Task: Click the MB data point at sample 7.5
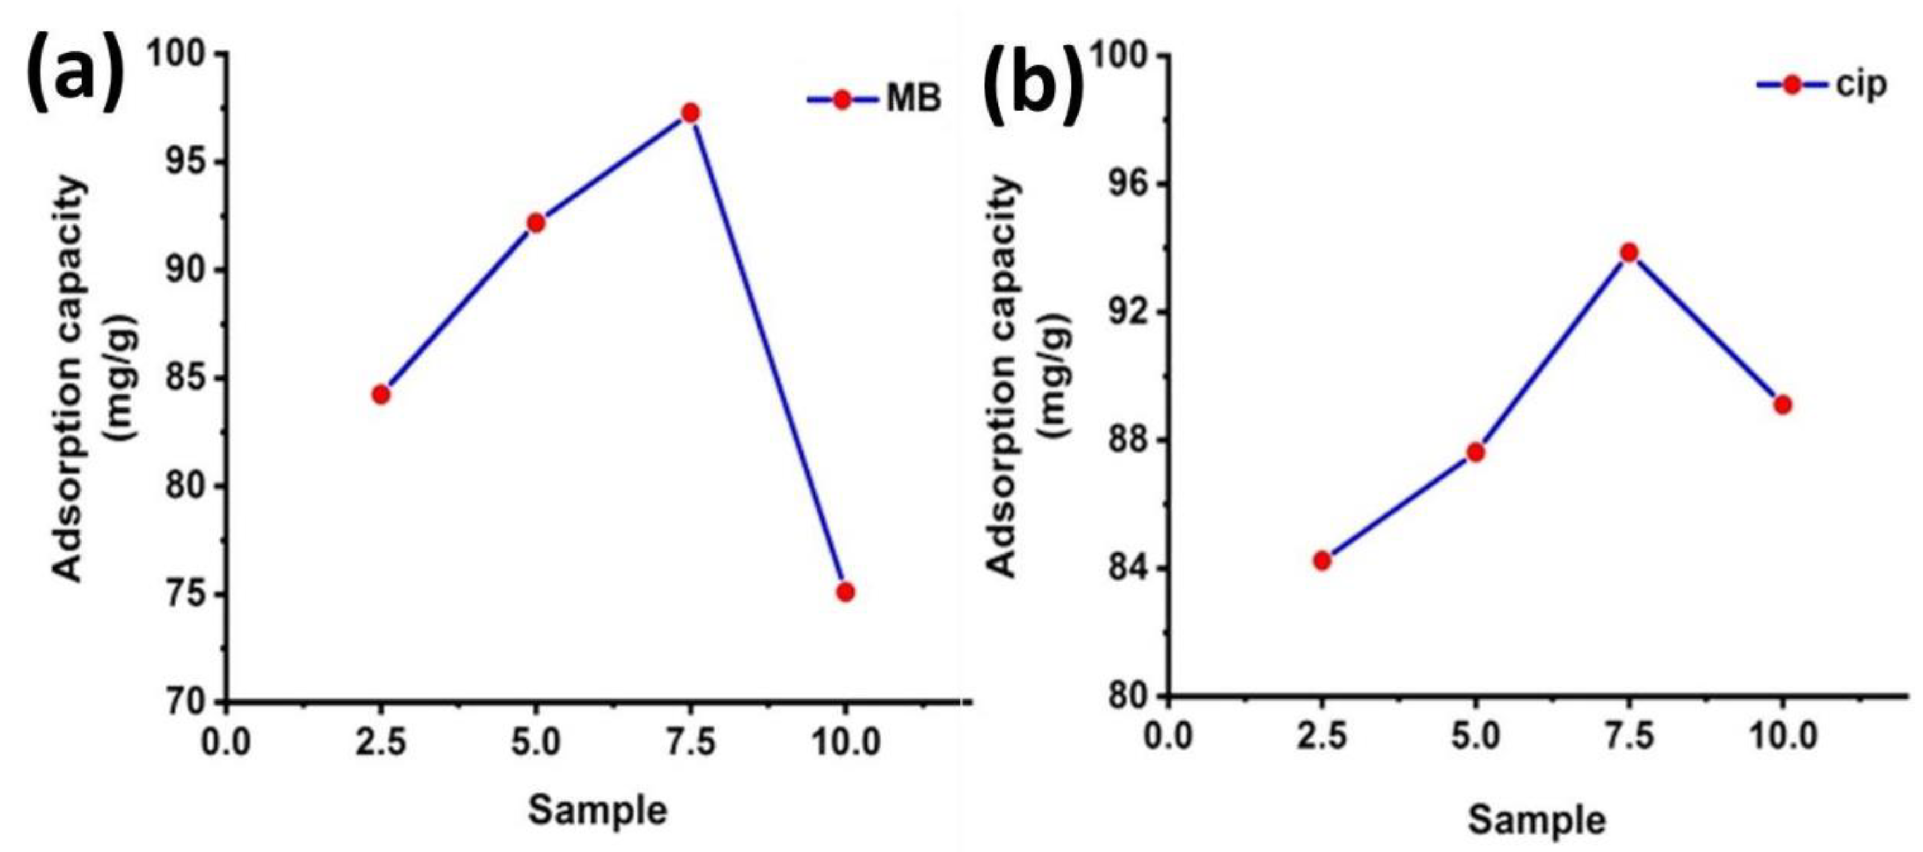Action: (x=690, y=113)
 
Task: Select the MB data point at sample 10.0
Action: (x=845, y=592)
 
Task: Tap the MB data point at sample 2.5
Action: (x=381, y=394)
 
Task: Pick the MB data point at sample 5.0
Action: (x=536, y=222)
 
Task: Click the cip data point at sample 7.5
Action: (x=1629, y=253)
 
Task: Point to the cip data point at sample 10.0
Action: (x=1783, y=404)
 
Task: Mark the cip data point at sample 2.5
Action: (x=1322, y=560)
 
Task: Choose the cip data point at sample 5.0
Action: (x=1475, y=453)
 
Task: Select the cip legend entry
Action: (x=1821, y=84)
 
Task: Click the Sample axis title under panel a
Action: (x=597, y=810)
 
